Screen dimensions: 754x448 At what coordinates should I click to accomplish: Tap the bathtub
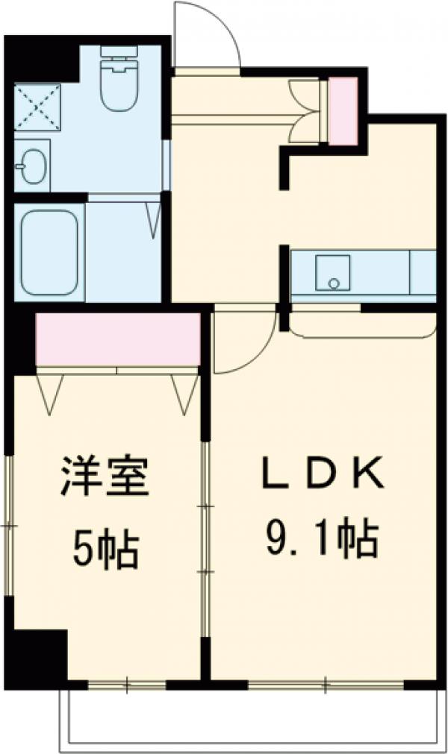click(49, 252)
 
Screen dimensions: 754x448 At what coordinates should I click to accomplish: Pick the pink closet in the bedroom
click(118, 339)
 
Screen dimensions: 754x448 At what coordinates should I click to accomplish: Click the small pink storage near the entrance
click(343, 110)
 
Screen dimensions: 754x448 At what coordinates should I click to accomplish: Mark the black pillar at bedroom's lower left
click(37, 653)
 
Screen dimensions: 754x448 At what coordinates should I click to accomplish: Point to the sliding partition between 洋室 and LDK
click(205, 537)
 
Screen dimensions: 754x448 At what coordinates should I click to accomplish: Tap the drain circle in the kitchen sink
click(334, 283)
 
